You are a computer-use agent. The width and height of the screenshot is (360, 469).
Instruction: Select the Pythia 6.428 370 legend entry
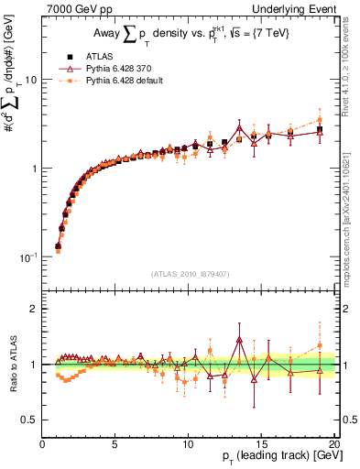116,67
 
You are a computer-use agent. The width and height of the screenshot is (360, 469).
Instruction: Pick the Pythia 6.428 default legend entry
121,81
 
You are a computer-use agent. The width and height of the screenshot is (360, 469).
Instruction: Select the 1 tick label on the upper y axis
33,169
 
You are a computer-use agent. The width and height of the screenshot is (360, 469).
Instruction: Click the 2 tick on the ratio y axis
33,309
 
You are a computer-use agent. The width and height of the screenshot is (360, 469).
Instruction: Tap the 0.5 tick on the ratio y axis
28,420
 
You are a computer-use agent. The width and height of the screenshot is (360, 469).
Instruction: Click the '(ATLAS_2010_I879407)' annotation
191,272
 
